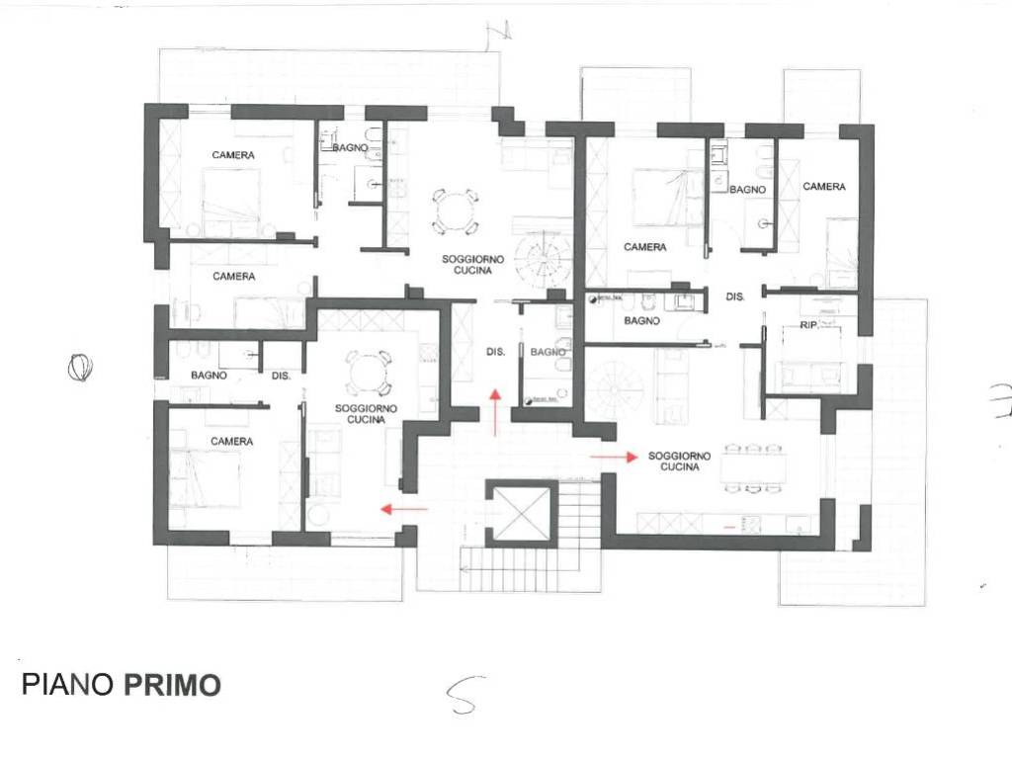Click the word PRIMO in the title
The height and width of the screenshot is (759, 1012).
172,685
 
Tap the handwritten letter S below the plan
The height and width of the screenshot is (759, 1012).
462,696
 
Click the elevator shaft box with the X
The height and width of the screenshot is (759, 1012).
520,511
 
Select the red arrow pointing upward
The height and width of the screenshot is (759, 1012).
495,411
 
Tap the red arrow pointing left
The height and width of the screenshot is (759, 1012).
404,509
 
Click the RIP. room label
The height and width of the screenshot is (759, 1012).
809,324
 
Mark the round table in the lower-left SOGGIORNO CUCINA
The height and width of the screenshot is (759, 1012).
369,374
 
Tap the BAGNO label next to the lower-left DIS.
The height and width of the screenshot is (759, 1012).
210,376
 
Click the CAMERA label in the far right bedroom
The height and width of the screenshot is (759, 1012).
823,187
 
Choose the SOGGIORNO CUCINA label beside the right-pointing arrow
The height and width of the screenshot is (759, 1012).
680,462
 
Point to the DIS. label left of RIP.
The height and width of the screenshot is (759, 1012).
735,296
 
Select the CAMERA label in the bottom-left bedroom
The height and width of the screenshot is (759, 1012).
232,441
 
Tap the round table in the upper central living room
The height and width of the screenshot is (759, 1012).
454,211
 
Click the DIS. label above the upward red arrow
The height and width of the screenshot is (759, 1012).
496,351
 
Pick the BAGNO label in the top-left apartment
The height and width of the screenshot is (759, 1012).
350,148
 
